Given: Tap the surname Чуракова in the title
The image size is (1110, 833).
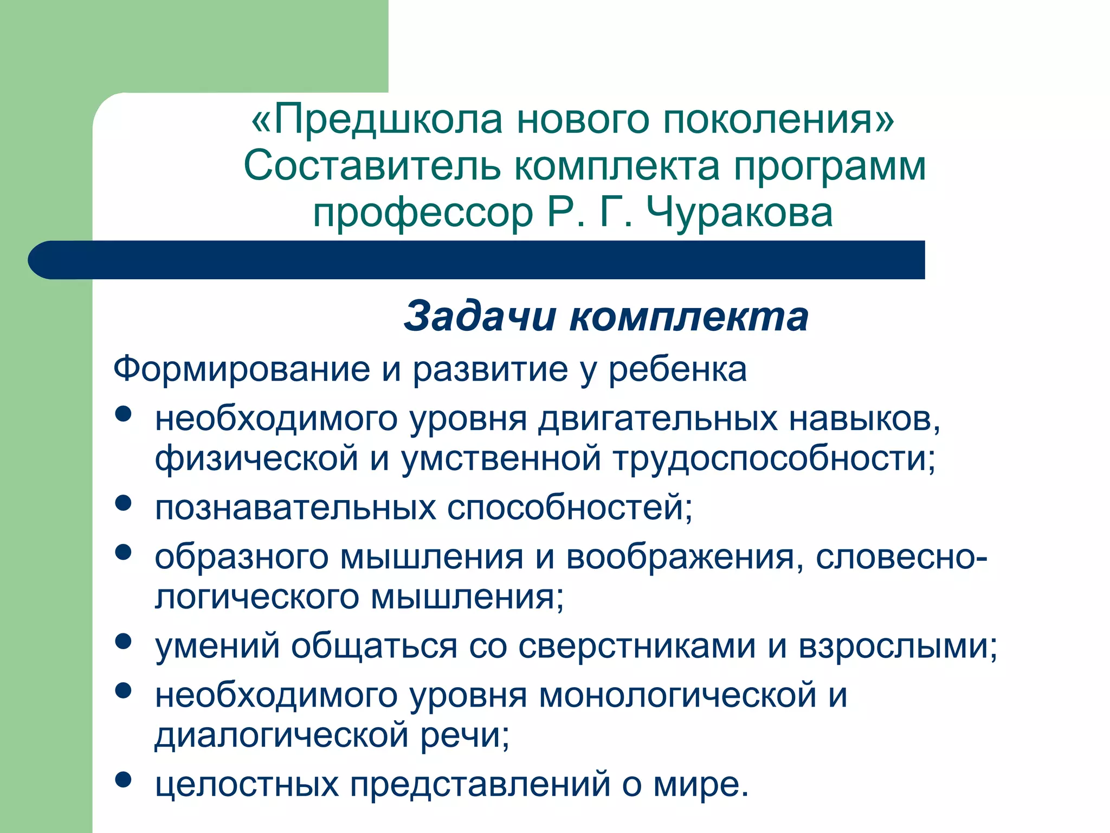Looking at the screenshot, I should (x=739, y=213).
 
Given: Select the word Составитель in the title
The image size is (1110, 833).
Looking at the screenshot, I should (x=372, y=166).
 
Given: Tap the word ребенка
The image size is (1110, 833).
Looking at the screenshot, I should (x=677, y=370).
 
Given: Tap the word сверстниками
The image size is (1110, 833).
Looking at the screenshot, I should (x=637, y=648).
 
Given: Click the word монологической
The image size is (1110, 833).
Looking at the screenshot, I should (x=677, y=696).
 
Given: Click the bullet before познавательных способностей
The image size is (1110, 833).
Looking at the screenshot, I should (x=124, y=503).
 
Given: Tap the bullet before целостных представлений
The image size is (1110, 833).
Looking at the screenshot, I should (x=124, y=779).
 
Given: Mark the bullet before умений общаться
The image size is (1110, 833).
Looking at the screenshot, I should (x=124, y=641).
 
